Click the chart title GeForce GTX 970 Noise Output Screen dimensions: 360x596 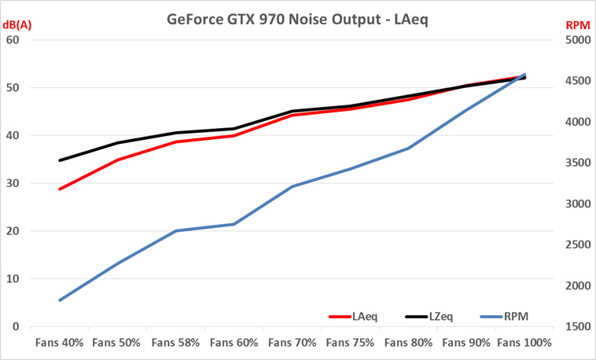(298, 17)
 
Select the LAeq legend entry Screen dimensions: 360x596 (364, 316)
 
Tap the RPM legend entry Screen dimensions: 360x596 (515, 316)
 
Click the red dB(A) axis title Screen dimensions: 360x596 (19, 25)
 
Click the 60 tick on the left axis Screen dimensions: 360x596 (13, 40)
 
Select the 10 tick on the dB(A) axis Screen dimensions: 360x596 (13, 279)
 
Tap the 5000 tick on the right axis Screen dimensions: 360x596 (576, 40)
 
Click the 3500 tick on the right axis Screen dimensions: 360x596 (576, 163)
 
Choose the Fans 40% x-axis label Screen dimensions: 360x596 (59, 343)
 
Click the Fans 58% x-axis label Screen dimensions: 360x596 (175, 343)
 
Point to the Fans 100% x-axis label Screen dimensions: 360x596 (524, 343)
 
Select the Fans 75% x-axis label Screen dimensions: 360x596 (350, 343)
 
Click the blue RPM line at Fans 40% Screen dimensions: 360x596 (60, 300)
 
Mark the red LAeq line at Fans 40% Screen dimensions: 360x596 (60, 189)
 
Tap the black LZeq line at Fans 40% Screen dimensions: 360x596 (60, 160)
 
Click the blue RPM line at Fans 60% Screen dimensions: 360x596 (234, 224)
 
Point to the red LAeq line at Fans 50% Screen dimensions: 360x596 (118, 160)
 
